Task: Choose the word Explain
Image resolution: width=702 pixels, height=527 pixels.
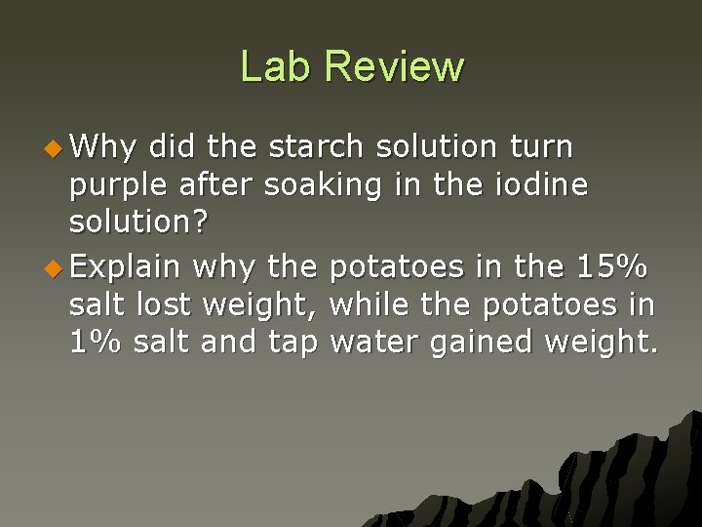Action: coord(126,266)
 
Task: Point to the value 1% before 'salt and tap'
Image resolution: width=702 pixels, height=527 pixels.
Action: coord(95,343)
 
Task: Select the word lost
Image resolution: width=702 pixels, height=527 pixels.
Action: coord(164,304)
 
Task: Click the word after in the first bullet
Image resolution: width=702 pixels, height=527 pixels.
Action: coord(217,184)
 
